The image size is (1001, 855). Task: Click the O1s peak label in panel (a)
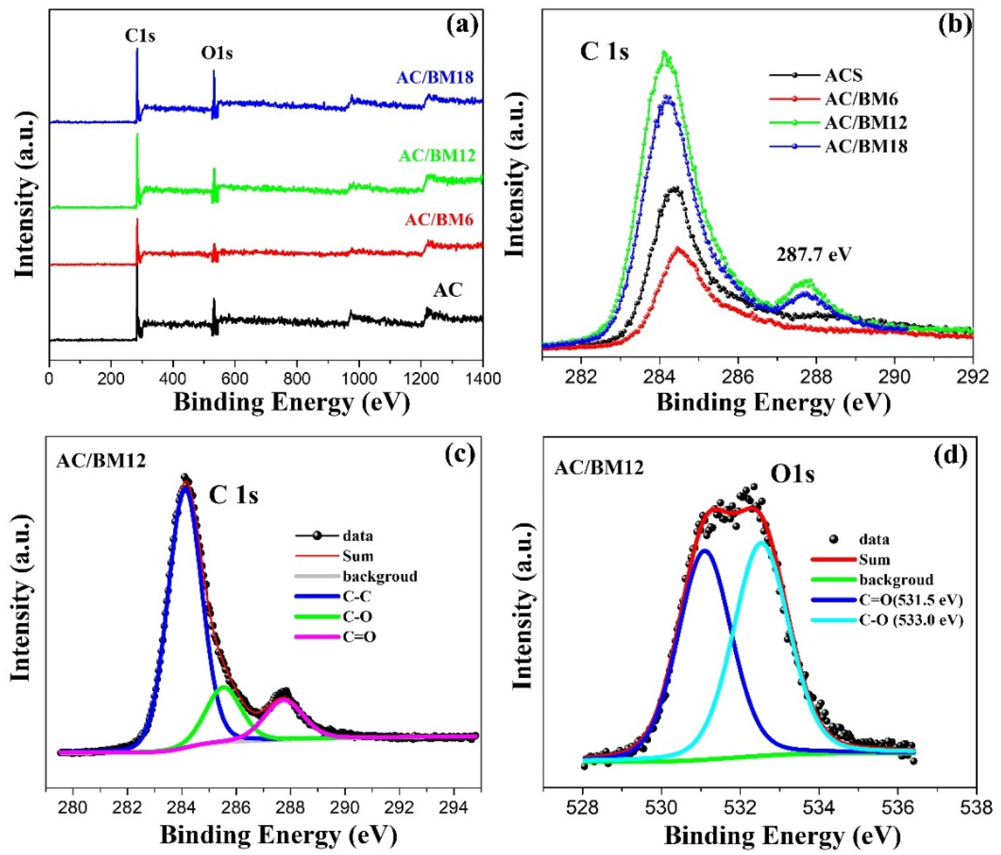pos(216,53)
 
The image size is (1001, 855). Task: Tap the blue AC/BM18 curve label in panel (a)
pos(435,77)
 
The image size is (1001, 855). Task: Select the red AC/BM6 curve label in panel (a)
pos(439,220)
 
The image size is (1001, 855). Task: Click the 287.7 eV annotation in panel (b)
pos(814,255)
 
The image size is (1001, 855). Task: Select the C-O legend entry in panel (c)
pos(357,616)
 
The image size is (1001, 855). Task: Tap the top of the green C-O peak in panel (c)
pos(223,686)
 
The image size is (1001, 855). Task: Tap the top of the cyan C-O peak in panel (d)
pos(761,543)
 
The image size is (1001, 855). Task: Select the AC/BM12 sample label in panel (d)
pos(599,467)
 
